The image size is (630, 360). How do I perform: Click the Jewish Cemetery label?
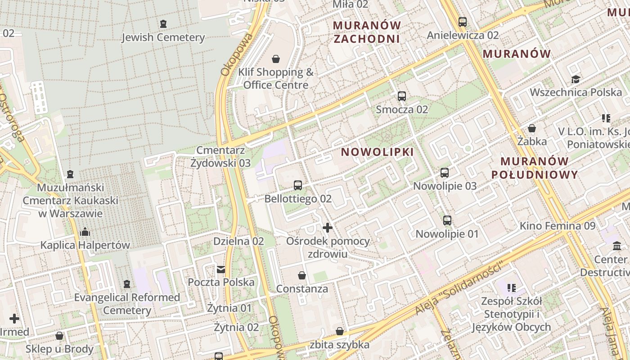pos(163,37)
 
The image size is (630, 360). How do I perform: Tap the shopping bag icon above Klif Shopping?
pos(276,59)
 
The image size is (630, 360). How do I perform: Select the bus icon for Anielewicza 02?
pos(463,22)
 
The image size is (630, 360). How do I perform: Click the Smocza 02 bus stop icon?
pos(402,96)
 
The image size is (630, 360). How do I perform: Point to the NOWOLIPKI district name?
pos(377,152)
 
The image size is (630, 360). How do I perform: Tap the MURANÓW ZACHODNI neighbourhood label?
pos(367,31)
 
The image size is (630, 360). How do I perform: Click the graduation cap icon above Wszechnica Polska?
pos(576,80)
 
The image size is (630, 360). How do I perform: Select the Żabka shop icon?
pos(532,128)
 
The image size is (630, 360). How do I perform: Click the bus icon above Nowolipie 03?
pos(445,172)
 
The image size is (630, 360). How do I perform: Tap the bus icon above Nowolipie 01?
pos(447,220)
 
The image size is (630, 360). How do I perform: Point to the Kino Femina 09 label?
pos(558,225)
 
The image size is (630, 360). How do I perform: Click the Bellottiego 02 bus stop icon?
pos(297,185)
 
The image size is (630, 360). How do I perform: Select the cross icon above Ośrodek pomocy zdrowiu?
pos(328,228)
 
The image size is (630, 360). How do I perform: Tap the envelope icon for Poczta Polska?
pos(221,270)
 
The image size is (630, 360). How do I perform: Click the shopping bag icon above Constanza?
pos(302,275)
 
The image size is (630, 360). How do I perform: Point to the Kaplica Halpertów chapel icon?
pos(85,232)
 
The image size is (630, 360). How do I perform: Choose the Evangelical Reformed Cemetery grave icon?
pos(127,284)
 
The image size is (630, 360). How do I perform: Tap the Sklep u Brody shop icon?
pos(59,336)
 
